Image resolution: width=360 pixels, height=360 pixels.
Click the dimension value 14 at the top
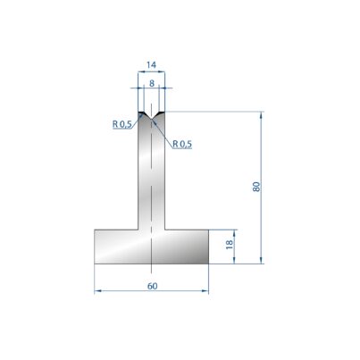(x=151, y=64)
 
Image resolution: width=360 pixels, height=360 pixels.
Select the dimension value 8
(x=152, y=84)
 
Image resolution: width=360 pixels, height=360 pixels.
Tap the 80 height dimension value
(x=256, y=187)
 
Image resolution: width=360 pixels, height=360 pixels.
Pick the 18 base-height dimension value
(x=230, y=245)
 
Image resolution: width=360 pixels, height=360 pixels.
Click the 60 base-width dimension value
(x=152, y=286)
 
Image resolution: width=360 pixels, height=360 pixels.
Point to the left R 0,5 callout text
(x=122, y=124)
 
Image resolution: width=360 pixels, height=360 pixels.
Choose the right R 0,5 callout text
(x=182, y=144)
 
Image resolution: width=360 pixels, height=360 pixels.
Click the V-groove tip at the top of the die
(x=152, y=119)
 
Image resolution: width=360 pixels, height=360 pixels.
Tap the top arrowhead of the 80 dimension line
(x=262, y=114)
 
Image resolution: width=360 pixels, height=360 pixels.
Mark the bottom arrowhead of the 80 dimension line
(x=262, y=261)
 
